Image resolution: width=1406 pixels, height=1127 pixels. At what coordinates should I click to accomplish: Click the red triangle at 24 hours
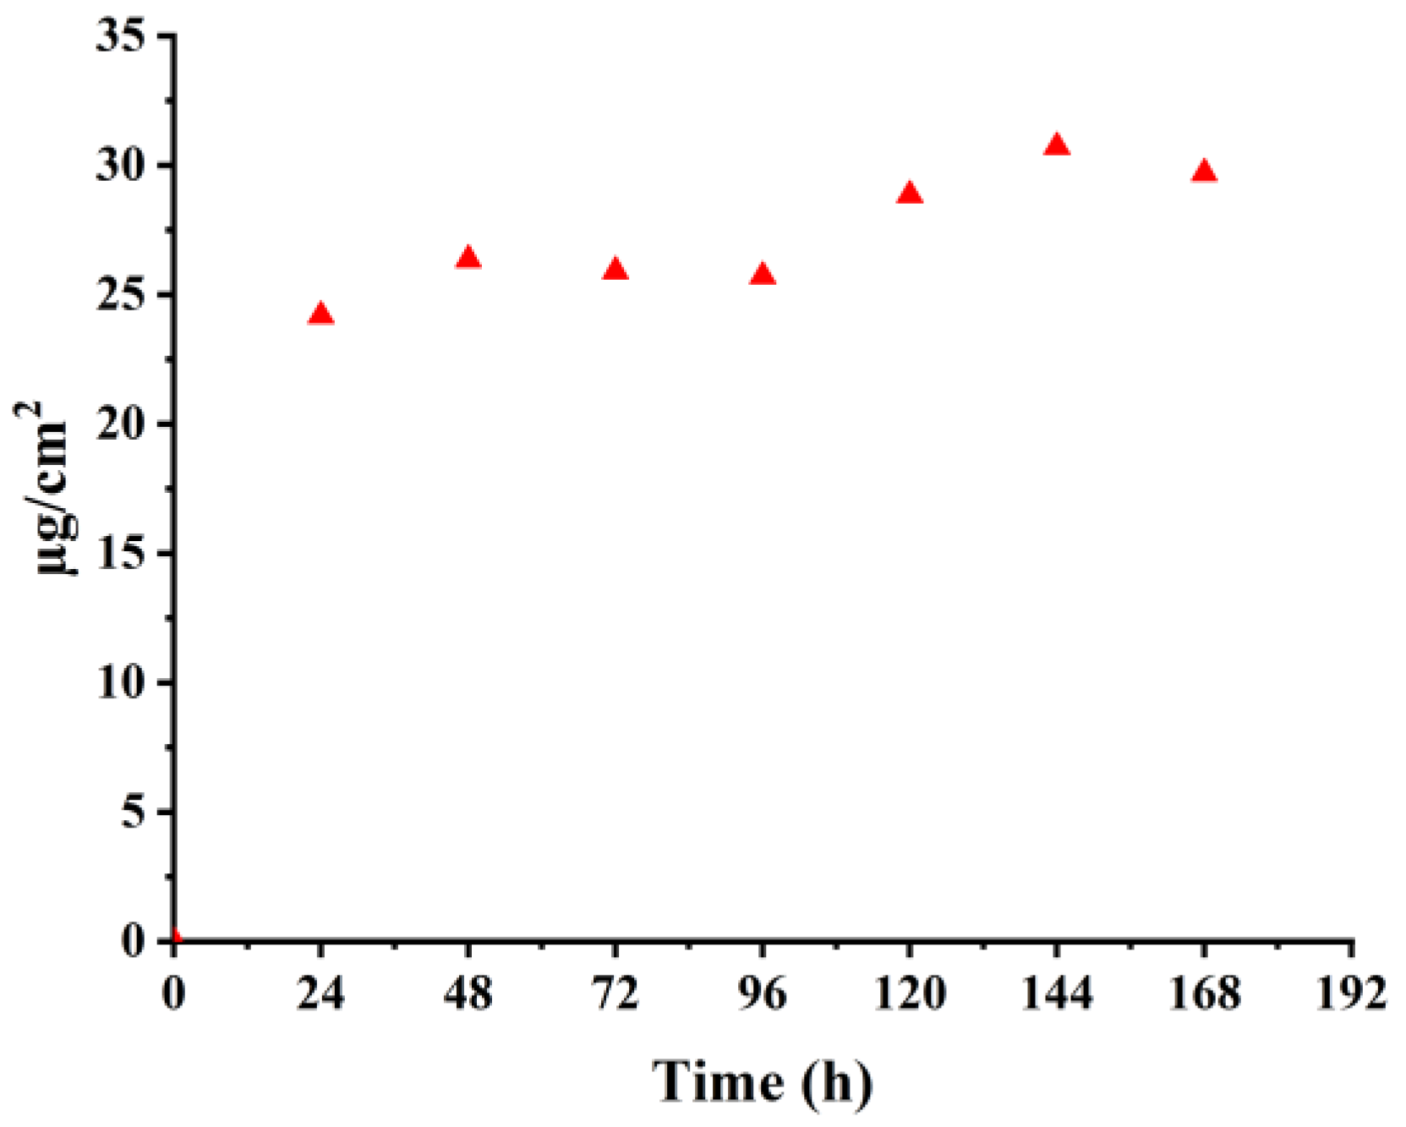[x=320, y=315]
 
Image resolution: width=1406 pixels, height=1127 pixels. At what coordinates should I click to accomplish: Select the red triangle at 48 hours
[x=468, y=259]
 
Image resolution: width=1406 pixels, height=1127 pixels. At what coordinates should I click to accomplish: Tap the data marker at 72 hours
[x=615, y=271]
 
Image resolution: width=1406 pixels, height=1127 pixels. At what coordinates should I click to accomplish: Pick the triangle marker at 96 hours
[x=763, y=275]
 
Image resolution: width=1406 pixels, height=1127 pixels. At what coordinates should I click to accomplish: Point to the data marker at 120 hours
[x=910, y=194]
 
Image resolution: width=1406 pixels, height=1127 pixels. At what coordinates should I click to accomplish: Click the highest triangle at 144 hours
[x=1057, y=146]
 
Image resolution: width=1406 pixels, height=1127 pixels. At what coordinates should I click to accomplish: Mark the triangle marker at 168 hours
[x=1204, y=172]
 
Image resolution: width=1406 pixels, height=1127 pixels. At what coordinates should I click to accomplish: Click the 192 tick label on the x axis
[x=1351, y=993]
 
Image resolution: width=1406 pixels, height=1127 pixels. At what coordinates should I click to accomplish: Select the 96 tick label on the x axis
[x=763, y=993]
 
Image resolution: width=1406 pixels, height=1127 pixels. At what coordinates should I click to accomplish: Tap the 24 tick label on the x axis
[x=320, y=993]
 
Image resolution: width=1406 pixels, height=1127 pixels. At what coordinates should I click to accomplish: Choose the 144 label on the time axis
[x=1057, y=993]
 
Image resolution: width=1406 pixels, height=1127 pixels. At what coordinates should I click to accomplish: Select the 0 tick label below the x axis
[x=173, y=993]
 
